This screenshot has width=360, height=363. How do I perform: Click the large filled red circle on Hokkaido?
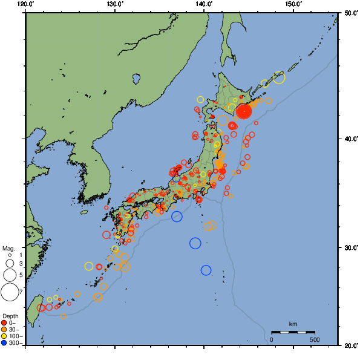(244, 112)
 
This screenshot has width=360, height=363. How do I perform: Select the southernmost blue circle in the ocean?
(206, 270)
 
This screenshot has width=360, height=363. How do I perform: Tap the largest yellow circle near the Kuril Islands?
(279, 77)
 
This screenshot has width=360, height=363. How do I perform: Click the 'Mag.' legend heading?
(8, 249)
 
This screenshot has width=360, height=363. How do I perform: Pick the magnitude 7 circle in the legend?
(10, 292)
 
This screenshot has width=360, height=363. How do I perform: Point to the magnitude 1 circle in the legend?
(10, 255)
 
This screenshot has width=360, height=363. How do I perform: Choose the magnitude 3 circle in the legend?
(10, 264)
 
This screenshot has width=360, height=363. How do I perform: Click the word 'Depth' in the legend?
(10, 316)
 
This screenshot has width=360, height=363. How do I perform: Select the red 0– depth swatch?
(4, 323)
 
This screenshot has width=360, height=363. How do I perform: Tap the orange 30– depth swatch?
(4, 330)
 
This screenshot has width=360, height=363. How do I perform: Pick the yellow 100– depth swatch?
(4, 336)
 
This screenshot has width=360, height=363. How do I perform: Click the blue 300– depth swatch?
(4, 343)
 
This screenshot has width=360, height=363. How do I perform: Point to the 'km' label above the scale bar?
(293, 324)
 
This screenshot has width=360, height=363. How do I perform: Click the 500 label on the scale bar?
(315, 339)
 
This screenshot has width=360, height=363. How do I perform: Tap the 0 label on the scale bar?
(271, 339)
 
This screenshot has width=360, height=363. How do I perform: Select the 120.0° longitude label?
(26, 4)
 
